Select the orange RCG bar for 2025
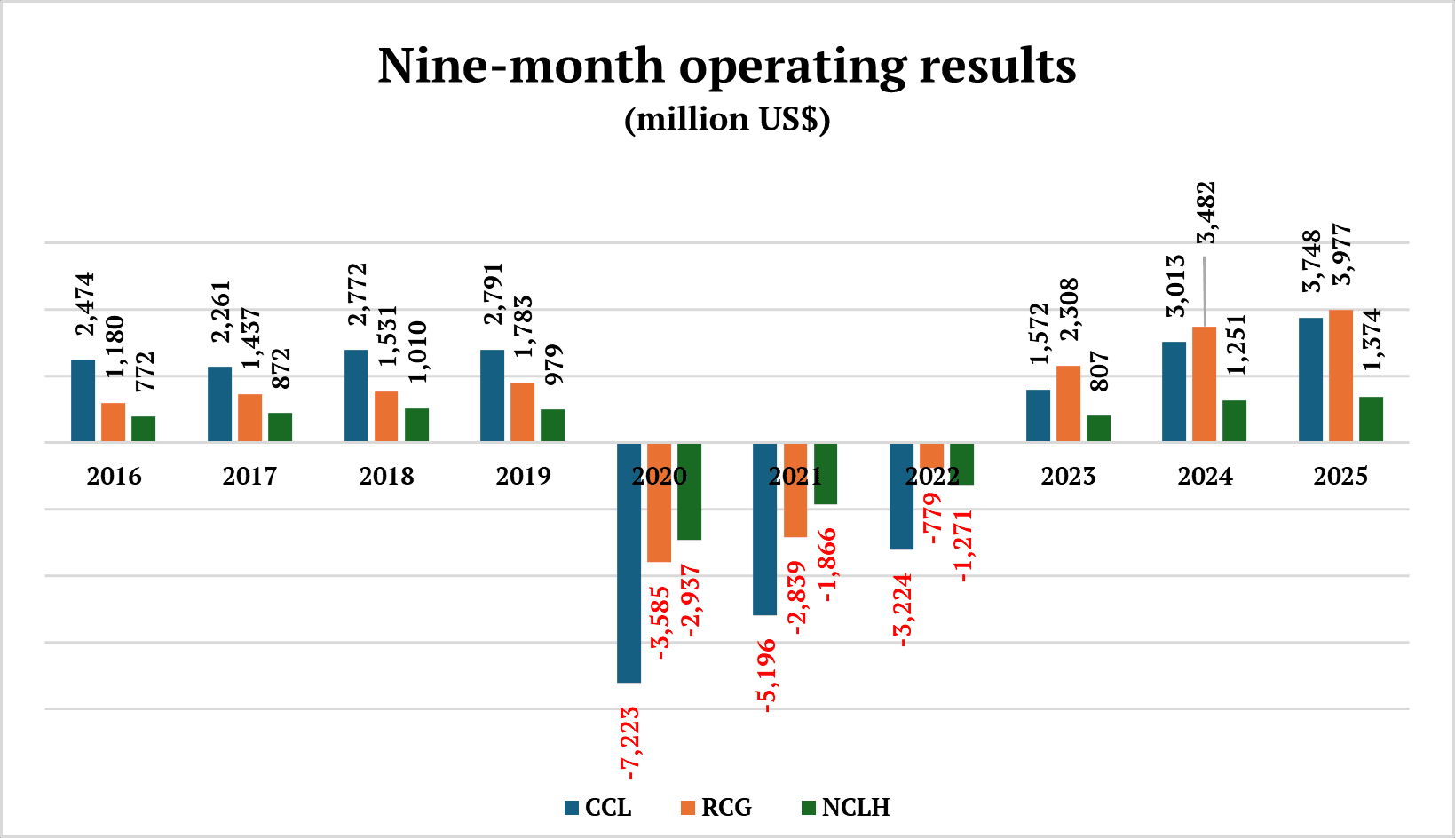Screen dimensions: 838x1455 click(1340, 376)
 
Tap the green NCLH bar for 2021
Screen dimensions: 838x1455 click(826, 475)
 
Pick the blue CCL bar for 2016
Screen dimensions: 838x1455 click(83, 400)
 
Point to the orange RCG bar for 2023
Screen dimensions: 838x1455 click(1068, 404)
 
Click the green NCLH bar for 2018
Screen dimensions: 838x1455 click(416, 425)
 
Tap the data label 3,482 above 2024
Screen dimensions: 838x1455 click(1206, 213)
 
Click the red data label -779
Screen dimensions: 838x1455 click(932, 519)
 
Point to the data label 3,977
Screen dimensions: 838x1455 click(1343, 255)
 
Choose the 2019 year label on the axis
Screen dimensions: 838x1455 click(523, 477)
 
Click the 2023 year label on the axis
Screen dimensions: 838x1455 click(1068, 477)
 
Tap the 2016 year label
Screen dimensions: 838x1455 click(114, 477)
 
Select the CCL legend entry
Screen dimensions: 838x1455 click(598, 808)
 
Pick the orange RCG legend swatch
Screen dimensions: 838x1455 click(688, 808)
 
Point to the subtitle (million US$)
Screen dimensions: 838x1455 click(727, 120)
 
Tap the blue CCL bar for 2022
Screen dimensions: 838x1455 click(901, 497)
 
